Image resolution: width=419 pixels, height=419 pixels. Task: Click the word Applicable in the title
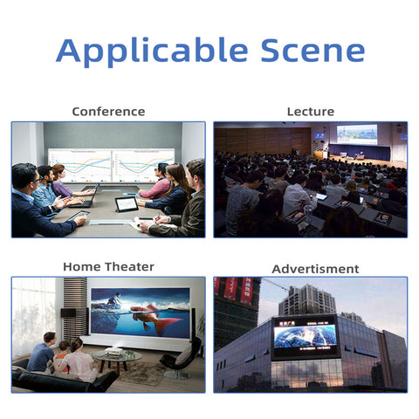point(152,52)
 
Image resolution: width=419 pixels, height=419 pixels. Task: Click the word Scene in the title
point(313,51)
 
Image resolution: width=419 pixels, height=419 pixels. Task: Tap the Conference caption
point(108,112)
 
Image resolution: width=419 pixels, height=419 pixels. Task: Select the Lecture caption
point(311,112)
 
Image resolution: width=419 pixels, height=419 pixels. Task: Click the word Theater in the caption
point(129,266)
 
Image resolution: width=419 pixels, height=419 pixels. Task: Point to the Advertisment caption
point(315,269)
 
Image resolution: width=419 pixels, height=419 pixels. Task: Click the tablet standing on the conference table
point(127,204)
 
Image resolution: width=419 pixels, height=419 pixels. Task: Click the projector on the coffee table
point(113,351)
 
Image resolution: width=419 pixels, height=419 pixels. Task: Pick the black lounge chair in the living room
point(181,358)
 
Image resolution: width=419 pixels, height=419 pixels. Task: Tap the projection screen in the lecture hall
point(357,134)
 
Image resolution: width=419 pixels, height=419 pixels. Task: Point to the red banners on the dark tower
point(234,290)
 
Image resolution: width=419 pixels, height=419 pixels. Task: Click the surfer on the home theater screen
point(114,299)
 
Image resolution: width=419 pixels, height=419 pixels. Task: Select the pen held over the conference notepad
point(157,217)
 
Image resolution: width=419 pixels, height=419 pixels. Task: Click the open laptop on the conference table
point(85,197)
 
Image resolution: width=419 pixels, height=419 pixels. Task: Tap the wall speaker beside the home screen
point(68,313)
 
